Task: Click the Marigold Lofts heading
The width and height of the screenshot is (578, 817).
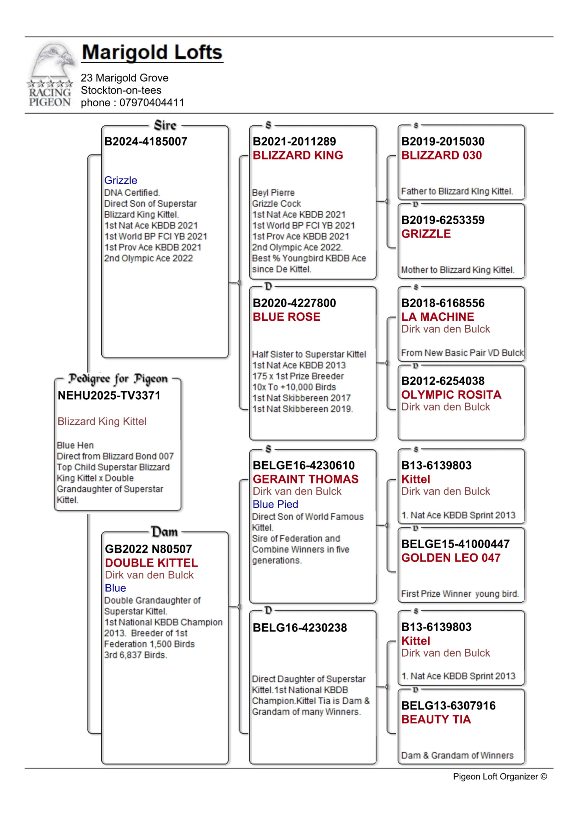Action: pos(152,53)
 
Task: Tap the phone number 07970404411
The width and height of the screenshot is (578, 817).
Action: pos(152,103)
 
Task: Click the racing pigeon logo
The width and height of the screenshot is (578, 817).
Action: pos(50,75)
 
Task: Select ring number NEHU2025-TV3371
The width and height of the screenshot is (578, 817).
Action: pos(109,395)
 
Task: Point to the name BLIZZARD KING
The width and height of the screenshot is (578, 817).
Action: pos(297,155)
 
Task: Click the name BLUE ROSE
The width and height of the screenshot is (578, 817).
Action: pos(286,317)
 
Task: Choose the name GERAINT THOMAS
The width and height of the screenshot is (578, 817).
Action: pos(305,479)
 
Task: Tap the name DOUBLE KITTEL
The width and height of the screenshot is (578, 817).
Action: pos(151,563)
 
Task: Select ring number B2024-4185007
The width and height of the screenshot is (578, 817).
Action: pos(146,142)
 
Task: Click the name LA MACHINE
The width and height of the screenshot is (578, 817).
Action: pos(438,317)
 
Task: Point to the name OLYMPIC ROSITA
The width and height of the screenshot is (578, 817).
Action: pos(451,395)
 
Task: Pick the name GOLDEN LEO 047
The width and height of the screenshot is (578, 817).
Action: pos(451,558)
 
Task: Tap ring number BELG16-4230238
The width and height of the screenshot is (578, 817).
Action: pos(300,628)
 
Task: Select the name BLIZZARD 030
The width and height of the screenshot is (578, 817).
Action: pos(441,155)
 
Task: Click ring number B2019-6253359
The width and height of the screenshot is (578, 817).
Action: pos(443,220)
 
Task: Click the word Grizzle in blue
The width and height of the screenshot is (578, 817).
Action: pos(121,180)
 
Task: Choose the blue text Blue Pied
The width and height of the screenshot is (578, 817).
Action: pos(275,504)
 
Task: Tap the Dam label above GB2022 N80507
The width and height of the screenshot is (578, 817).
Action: pos(164,532)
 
